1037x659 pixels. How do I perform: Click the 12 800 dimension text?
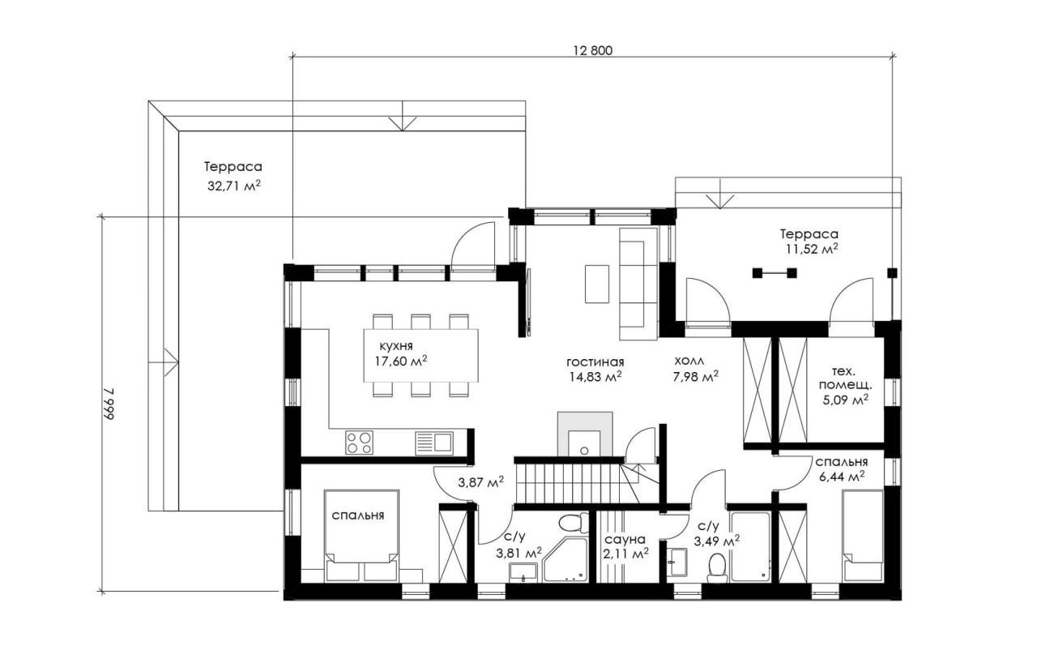click(x=593, y=50)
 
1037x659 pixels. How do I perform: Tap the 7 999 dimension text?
click(x=108, y=404)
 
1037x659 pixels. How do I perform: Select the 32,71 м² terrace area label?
click(x=234, y=186)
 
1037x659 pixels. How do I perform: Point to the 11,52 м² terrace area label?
click(x=812, y=249)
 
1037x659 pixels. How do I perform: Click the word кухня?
click(x=396, y=346)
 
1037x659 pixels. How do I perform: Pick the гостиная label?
click(x=595, y=362)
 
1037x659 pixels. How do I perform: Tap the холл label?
click(x=689, y=360)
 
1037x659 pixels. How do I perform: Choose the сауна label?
click(x=625, y=539)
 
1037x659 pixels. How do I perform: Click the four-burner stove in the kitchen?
click(x=359, y=443)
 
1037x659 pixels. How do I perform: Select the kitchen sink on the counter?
click(x=433, y=443)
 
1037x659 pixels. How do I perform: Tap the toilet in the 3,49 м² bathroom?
click(x=717, y=567)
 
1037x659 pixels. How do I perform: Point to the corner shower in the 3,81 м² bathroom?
click(x=565, y=559)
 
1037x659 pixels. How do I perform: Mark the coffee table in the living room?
click(x=597, y=284)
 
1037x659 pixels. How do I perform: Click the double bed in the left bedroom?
click(x=361, y=535)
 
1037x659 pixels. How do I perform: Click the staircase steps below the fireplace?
click(x=569, y=483)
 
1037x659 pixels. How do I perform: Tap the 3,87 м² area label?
click(x=481, y=482)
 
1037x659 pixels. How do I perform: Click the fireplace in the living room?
click(x=585, y=434)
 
